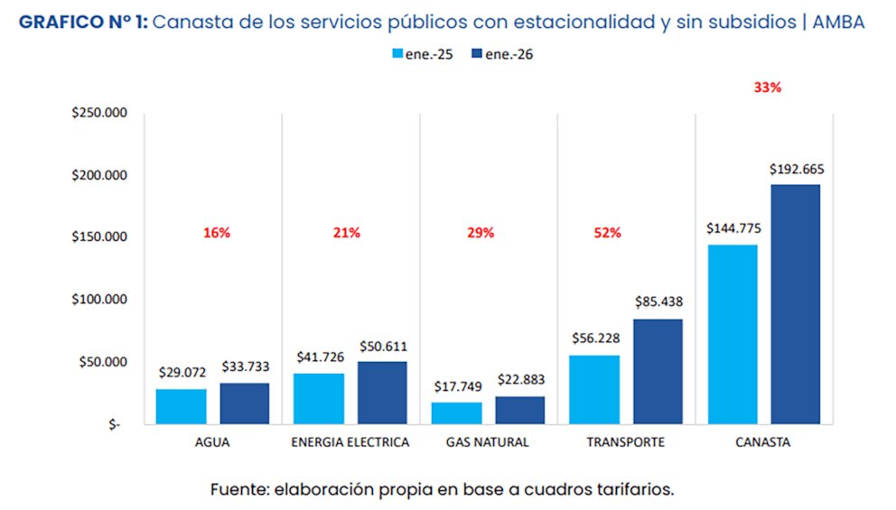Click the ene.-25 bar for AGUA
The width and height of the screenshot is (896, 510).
click(181, 406)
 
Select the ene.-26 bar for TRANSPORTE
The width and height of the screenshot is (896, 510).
click(658, 371)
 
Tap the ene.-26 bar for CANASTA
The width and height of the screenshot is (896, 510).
click(795, 304)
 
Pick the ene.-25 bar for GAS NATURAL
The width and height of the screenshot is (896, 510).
click(456, 413)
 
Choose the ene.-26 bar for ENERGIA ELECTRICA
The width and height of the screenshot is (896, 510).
click(382, 393)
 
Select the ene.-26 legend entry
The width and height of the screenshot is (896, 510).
click(503, 54)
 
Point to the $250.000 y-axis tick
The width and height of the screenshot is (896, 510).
click(101, 113)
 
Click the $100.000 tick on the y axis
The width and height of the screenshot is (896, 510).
click(101, 300)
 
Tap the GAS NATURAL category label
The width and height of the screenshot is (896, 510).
click(488, 442)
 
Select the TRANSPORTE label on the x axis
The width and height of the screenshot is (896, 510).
click(625, 442)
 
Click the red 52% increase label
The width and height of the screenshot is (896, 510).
click(608, 233)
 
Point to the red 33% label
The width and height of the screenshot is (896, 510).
click(767, 88)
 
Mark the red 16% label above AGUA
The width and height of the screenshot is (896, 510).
click(217, 233)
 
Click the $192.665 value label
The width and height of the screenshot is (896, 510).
click(797, 169)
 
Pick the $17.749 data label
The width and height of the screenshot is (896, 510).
click(456, 386)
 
